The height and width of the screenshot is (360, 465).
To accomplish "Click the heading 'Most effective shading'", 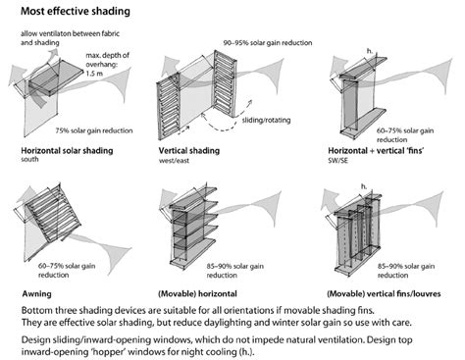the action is pos(76,11).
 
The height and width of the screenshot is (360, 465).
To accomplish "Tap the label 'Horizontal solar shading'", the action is pos(67,151).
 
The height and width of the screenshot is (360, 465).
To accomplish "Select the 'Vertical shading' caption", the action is pos(189,151).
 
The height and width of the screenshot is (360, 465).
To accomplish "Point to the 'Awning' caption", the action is pos(36,293).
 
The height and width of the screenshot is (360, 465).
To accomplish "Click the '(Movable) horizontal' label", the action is pos(197,293).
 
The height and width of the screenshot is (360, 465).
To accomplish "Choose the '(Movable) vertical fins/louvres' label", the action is pos(384,293).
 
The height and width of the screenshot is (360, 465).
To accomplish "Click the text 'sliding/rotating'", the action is pos(266,121).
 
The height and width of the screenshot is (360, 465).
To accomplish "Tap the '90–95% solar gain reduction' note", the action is pos(268,43).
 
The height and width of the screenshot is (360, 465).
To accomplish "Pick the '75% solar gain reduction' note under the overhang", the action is pos(94,130).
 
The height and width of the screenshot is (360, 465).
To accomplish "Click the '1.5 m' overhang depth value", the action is pos(94,74).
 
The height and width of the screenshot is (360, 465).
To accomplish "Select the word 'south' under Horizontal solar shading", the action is pos(29,160).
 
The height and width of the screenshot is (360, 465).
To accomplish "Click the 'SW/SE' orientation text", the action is pos(337,161).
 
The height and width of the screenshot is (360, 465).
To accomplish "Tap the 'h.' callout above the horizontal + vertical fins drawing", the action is pos(370,51).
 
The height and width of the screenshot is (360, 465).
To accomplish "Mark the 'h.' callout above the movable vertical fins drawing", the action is pos(364,186).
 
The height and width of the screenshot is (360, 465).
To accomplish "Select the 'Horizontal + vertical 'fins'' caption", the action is pos(376,151).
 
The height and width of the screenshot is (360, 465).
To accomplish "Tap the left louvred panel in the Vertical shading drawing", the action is pos(169,106).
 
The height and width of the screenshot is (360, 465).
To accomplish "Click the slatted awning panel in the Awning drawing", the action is pos(53,215).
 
